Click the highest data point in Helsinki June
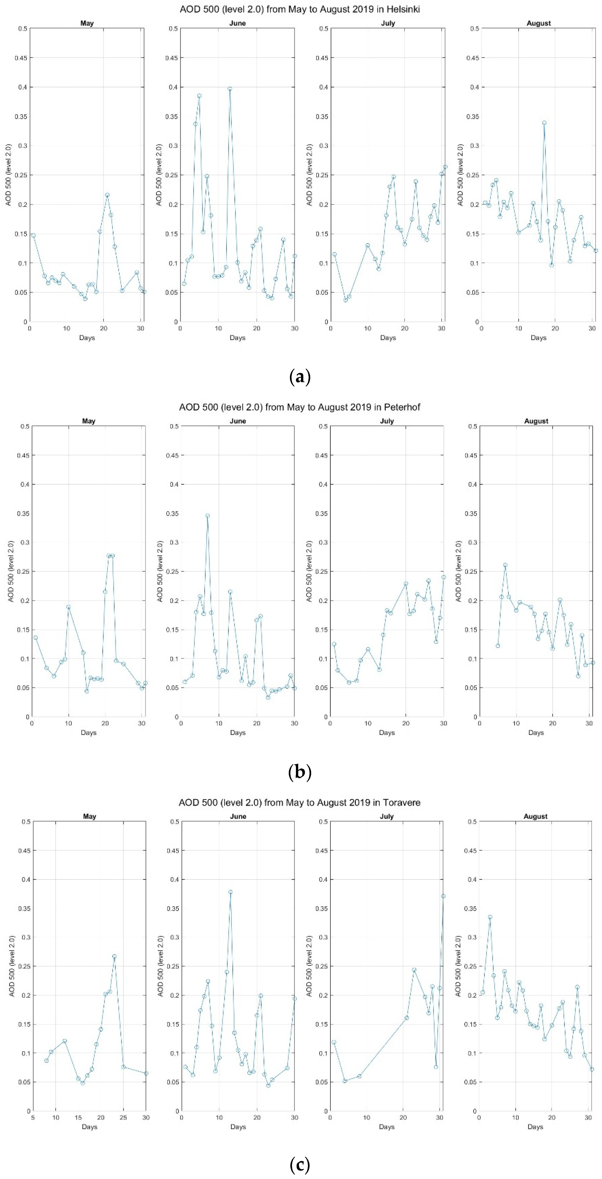pyautogui.click(x=230, y=89)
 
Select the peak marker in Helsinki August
pyautogui.click(x=544, y=123)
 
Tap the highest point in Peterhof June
pyautogui.click(x=207, y=515)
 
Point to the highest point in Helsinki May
pyautogui.click(x=107, y=195)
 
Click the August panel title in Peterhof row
pyautogui.click(x=536, y=421)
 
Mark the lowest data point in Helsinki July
pyautogui.click(x=346, y=300)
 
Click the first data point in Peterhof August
pyautogui.click(x=498, y=646)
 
